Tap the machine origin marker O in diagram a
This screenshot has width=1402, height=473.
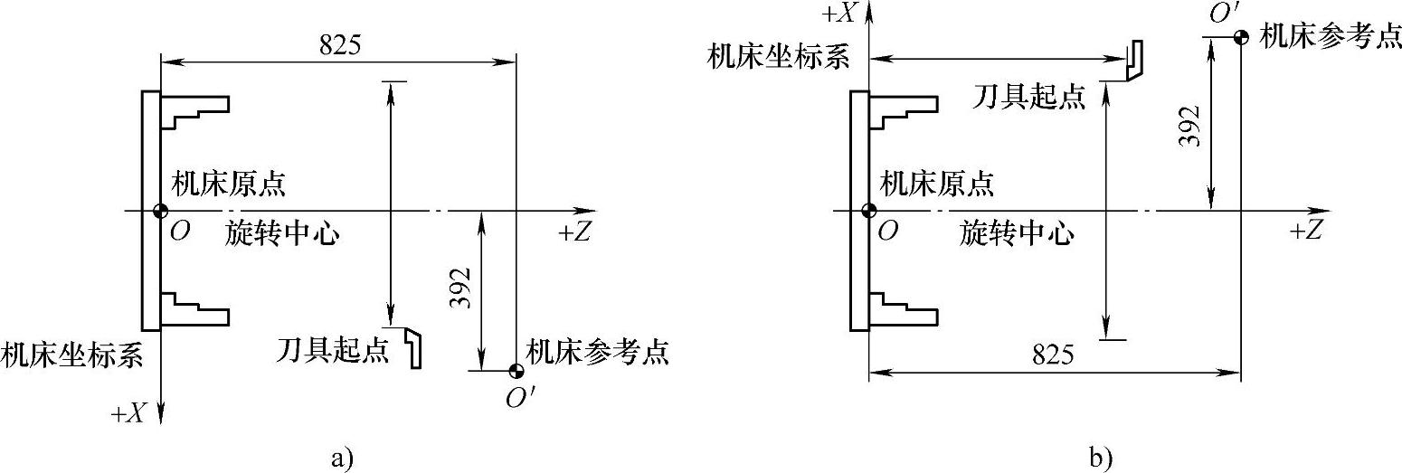pos(160,211)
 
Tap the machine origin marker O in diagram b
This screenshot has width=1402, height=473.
pos(868,211)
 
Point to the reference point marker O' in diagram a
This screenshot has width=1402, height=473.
pos(516,370)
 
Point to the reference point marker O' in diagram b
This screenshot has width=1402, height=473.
pos(1241,37)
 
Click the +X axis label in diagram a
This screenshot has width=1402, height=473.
pos(128,413)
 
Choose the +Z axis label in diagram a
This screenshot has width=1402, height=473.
pos(575,232)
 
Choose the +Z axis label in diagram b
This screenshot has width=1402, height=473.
pos(1307,232)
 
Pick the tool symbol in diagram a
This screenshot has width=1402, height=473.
pos(413,346)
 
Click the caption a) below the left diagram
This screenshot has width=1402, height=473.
pos(338,459)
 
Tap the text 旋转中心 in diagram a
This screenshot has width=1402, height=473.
pos(282,233)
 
